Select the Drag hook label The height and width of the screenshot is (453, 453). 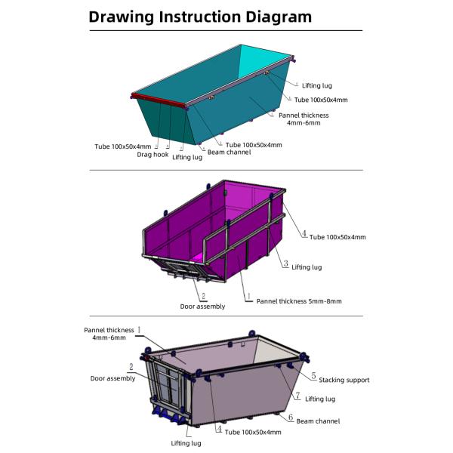153,155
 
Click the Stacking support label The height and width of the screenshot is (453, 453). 344,380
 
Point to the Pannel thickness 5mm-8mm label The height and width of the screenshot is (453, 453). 298,300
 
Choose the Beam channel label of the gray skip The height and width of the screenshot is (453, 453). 318,421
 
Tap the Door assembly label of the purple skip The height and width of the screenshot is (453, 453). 202,307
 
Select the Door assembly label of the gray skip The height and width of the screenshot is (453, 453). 113,378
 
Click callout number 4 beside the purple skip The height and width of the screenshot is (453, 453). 304,235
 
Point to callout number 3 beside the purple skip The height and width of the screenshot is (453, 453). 285,263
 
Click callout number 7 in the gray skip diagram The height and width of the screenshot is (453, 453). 297,396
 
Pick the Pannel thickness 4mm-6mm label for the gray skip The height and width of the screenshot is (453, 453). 109,334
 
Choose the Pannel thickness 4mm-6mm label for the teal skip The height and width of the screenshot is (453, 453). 304,119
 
